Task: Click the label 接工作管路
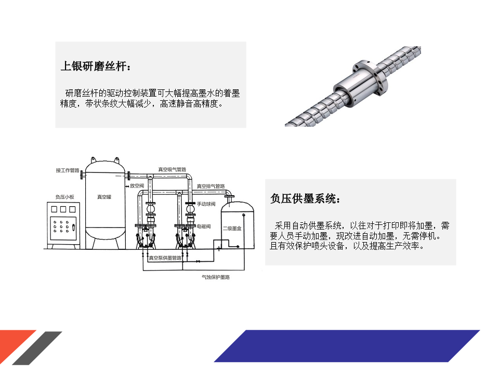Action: (x=68, y=170)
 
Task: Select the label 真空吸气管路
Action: (x=172, y=169)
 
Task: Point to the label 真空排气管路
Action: (x=211, y=186)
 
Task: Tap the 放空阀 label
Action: (x=137, y=185)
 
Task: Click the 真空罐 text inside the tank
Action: (x=104, y=197)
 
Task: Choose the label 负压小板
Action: (x=64, y=197)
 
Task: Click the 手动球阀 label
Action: (x=206, y=204)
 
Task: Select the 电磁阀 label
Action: (x=204, y=226)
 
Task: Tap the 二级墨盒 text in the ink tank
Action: (x=232, y=229)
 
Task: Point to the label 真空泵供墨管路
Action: (x=165, y=258)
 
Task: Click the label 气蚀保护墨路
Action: (x=215, y=277)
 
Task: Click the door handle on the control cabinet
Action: (x=73, y=227)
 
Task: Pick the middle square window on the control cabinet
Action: (x=63, y=209)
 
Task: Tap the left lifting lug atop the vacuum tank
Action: (x=93, y=159)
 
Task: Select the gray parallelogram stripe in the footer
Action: (x=37, y=348)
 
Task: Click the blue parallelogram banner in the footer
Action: (x=347, y=346)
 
